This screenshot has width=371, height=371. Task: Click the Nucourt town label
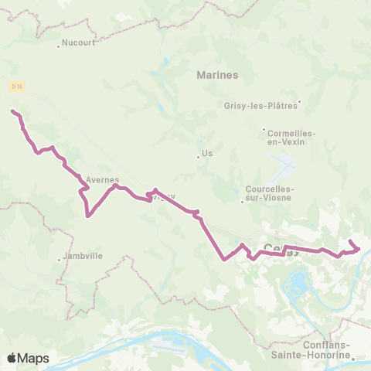(x=79, y=43)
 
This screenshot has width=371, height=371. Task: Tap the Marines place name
(x=217, y=75)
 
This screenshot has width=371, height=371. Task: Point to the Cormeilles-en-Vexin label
(x=291, y=138)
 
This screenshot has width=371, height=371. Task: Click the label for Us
(x=206, y=154)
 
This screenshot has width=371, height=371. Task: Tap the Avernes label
(x=102, y=179)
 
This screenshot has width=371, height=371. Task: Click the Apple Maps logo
(x=28, y=358)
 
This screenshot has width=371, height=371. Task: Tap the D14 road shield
(x=16, y=87)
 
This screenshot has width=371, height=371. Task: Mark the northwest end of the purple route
(x=12, y=111)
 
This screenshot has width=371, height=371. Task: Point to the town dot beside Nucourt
(x=59, y=45)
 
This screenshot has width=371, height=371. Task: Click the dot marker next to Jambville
(x=60, y=260)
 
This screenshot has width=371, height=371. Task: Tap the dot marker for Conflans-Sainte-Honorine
(x=352, y=357)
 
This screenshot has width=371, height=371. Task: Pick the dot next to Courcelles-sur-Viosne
(x=242, y=202)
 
